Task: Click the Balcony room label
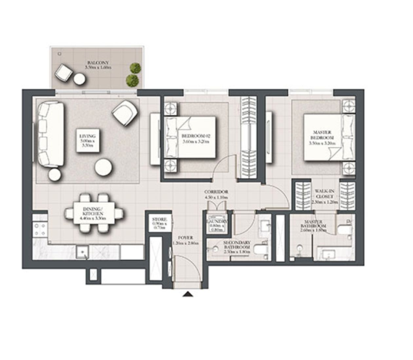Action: click(x=98, y=65)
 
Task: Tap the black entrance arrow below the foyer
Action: click(x=188, y=294)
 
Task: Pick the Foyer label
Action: click(x=185, y=240)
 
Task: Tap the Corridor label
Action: click(x=216, y=194)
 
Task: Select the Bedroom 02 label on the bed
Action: click(x=195, y=138)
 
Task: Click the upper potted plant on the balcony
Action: click(x=135, y=68)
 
